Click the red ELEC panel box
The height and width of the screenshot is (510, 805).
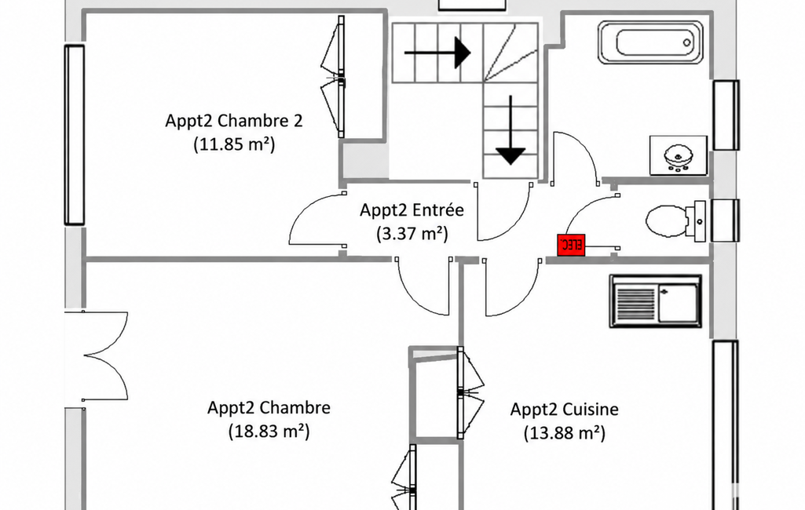[x=571, y=245]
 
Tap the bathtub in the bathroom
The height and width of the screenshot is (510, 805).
[x=651, y=42]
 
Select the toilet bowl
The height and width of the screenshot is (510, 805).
[x=666, y=221]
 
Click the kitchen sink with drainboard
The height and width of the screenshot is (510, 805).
[x=656, y=301]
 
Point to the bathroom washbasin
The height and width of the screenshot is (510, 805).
[x=679, y=155]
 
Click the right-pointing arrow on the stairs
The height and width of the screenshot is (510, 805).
[x=437, y=53]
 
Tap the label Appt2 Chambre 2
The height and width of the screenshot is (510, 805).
[x=234, y=121]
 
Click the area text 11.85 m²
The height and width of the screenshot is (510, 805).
[x=234, y=144]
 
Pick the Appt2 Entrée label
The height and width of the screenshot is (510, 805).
[x=412, y=209]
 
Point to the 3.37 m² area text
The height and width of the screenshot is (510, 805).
[x=412, y=234]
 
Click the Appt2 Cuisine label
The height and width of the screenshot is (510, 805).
[x=564, y=410]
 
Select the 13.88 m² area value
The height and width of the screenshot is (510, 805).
[x=564, y=433]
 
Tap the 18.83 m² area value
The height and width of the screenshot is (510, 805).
[x=269, y=431]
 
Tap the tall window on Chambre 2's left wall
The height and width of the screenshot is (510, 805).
[x=74, y=135]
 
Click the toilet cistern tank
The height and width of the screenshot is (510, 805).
[x=699, y=221]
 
